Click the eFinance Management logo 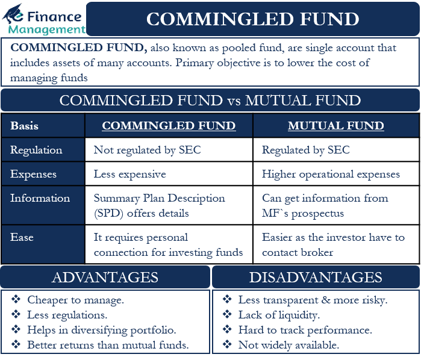coord(43,19)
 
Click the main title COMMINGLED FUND coord(253,19)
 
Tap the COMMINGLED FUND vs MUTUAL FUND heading coord(210,100)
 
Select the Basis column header coord(24,126)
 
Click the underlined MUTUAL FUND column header coord(335,126)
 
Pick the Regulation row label coord(36,150)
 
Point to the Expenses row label coord(34,174)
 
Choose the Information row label coord(40,198)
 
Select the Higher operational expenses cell coord(331,174)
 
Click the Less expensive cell coord(129,174)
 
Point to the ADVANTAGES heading coord(105,277)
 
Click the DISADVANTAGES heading coord(316,277)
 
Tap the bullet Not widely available coord(288,345)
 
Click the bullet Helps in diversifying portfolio coord(101,330)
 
